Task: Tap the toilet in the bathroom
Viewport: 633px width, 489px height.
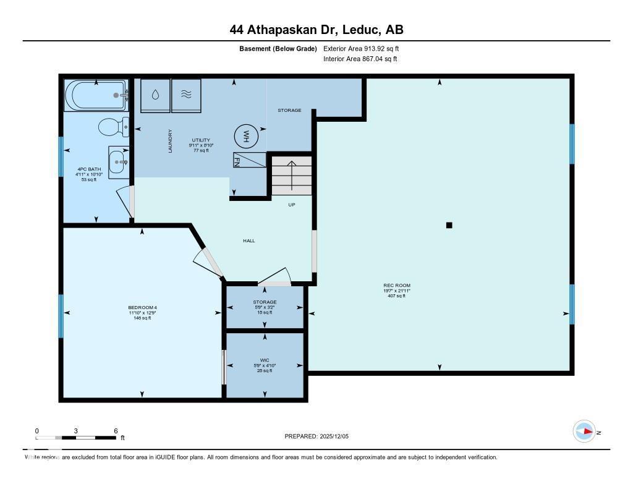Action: coord(113,127)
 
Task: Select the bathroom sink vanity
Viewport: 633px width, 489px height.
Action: coord(118,163)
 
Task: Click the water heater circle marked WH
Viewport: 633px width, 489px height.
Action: coord(245,135)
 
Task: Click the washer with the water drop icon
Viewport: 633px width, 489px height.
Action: coord(155,96)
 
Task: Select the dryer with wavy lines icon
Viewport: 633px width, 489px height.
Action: coord(186,96)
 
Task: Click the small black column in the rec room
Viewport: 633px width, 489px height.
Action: coord(449,225)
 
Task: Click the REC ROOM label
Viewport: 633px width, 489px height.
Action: coord(396,286)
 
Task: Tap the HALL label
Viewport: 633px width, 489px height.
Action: coord(249,240)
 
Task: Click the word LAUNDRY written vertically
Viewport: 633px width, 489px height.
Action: coord(171,140)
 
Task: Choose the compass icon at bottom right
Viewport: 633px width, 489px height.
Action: coord(584,432)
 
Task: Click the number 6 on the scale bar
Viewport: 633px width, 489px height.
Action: coord(116,430)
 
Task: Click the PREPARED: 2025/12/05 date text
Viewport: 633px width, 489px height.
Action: coord(316,436)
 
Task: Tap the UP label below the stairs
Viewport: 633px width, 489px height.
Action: coord(291,204)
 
